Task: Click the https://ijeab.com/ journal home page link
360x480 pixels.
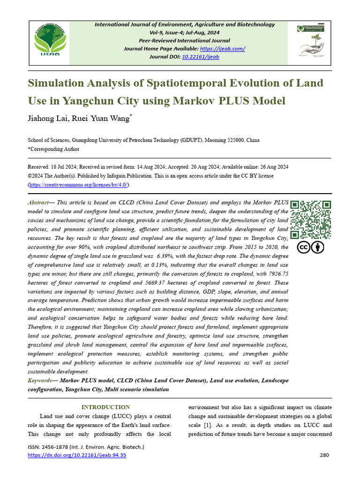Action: [222, 49]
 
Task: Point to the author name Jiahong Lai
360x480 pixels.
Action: [48, 119]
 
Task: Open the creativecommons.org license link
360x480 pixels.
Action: [78, 185]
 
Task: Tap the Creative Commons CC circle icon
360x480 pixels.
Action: [303, 247]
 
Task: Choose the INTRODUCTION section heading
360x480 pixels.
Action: [105, 407]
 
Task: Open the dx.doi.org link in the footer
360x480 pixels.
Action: [77, 455]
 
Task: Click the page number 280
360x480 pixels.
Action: [325, 455]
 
